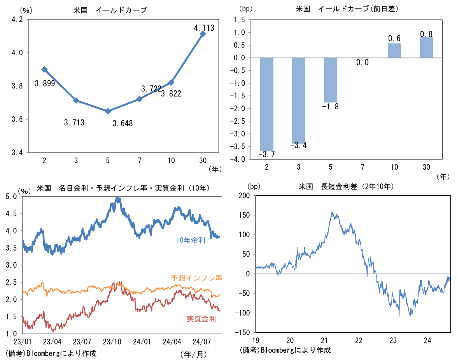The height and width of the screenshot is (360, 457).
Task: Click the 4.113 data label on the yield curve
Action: coord(204,28)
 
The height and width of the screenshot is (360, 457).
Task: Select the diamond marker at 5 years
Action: coord(108,111)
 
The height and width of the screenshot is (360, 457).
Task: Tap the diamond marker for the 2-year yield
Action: coord(44,69)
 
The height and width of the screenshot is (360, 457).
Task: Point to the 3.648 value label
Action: coord(123,123)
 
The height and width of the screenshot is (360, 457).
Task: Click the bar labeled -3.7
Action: coord(267,104)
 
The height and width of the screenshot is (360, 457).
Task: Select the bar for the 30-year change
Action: coord(426,47)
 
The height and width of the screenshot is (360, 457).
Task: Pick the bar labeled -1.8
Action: coord(331,80)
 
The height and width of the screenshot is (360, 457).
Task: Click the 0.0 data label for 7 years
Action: coord(362,62)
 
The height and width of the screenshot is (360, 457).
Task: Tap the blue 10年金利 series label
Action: coord(191,240)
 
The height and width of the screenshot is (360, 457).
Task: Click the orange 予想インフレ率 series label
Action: coord(197,278)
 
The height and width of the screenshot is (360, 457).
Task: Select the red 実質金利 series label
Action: coord(201,319)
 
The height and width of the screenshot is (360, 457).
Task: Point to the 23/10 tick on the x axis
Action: coord(112,342)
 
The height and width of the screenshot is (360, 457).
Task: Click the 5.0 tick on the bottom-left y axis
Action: coord(11,197)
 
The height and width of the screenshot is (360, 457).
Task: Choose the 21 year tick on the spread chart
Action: coord(324,341)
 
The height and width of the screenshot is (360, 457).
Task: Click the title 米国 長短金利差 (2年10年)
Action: coord(346,186)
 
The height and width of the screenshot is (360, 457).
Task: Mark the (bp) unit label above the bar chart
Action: coord(246,9)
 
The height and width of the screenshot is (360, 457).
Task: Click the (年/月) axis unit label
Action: coord(194,354)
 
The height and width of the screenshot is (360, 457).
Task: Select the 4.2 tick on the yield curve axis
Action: coord(17,19)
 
